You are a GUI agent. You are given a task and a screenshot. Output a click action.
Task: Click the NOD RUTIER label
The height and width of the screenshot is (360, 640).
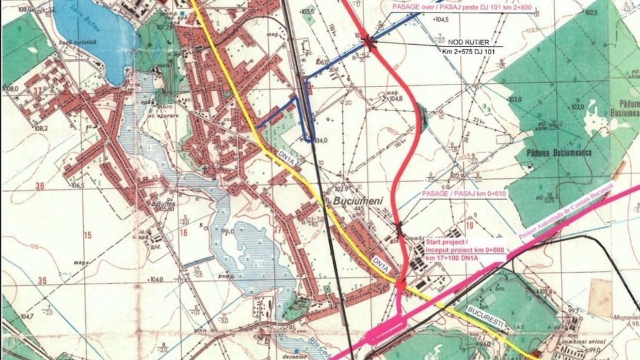pos(468,42)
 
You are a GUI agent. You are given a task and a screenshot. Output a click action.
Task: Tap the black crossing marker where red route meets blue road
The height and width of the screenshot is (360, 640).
pos(369,43)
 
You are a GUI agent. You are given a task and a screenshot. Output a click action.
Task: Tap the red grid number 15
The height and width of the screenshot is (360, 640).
pos(87,235)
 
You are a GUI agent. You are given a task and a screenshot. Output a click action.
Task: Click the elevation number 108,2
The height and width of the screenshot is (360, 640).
pos(41,128)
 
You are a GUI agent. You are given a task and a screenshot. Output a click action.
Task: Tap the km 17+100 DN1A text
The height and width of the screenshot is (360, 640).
pos(451,258)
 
